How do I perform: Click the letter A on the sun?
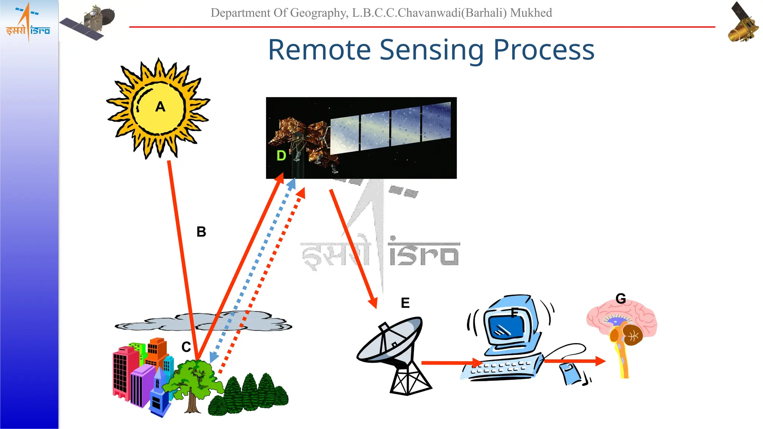point(160,107)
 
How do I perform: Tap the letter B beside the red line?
point(201,232)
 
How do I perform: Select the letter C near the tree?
point(186,347)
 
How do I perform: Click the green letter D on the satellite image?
point(281,156)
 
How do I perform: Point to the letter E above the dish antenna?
point(405,303)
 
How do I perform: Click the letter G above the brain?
point(621,298)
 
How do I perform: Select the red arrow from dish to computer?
point(451,362)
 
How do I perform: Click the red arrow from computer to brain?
point(574,361)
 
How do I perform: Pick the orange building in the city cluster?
point(156,350)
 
